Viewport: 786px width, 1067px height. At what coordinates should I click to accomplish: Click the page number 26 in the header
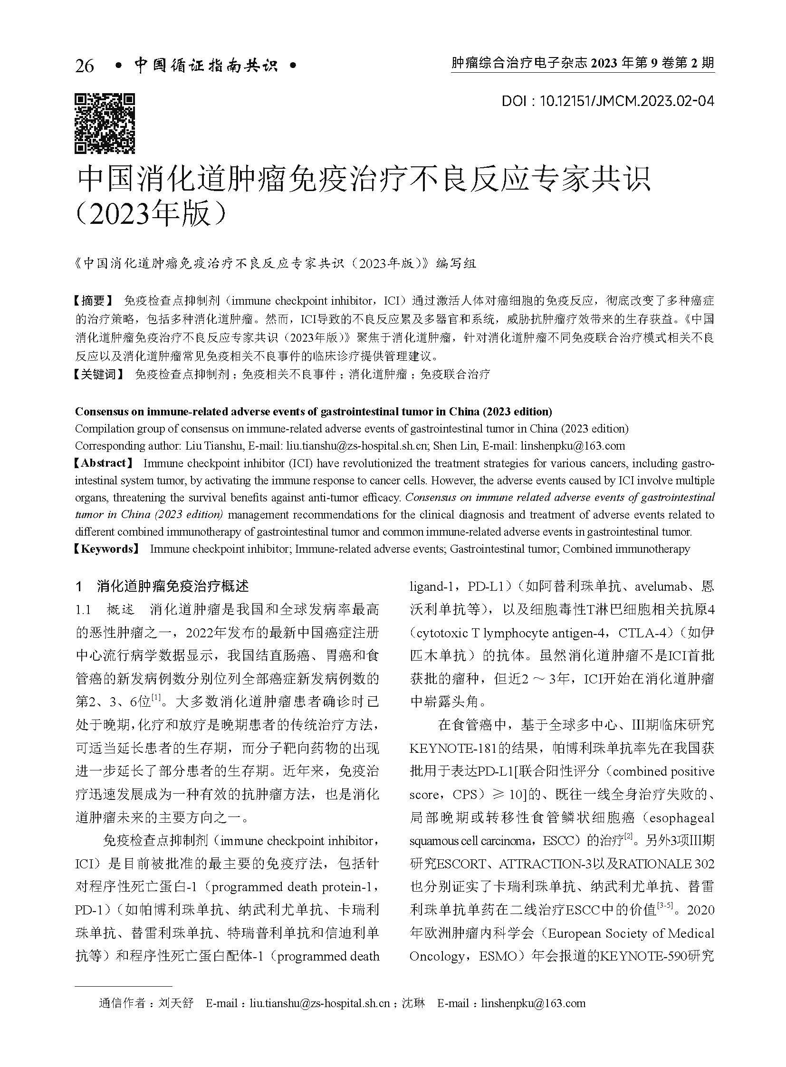[x=84, y=66]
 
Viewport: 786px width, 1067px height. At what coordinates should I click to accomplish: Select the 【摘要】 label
[x=95, y=300]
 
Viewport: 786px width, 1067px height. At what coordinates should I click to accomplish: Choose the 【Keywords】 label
[x=108, y=549]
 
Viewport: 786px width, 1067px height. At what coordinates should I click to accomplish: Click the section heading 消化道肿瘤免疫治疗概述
[x=172, y=586]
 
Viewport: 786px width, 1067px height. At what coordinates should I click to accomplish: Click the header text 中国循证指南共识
[x=206, y=66]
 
